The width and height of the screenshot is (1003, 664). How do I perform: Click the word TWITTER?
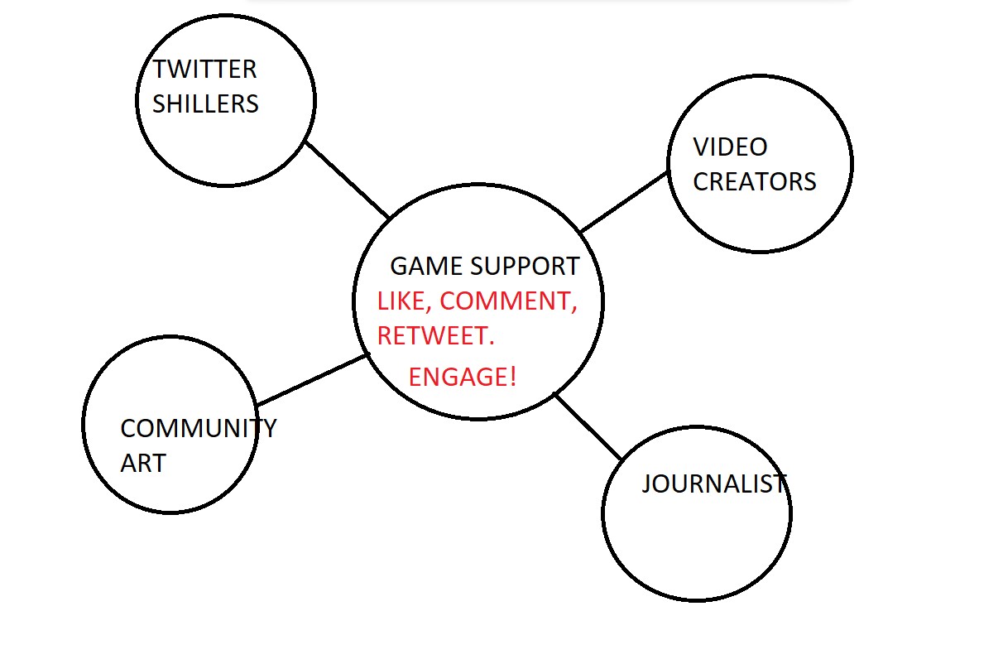click(x=204, y=69)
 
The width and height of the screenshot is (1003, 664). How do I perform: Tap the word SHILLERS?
click(x=205, y=104)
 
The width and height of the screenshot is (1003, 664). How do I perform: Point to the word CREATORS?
click(x=754, y=182)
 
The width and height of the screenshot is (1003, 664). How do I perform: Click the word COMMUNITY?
click(x=199, y=429)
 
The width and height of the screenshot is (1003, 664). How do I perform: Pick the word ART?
click(x=143, y=464)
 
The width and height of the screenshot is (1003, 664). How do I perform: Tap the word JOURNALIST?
click(x=714, y=484)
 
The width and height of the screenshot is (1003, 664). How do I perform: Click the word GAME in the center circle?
click(x=415, y=267)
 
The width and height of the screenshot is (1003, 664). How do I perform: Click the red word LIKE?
click(x=401, y=301)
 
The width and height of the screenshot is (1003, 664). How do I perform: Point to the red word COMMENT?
click(x=506, y=301)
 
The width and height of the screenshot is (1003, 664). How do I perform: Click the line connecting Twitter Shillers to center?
click(x=347, y=180)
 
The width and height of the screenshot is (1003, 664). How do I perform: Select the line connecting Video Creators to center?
click(x=624, y=202)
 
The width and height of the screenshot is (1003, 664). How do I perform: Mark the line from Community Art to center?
click(x=312, y=381)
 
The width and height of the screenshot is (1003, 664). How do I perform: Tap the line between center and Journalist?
click(x=588, y=427)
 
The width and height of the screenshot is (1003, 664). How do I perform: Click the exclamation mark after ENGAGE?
click(x=513, y=378)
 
